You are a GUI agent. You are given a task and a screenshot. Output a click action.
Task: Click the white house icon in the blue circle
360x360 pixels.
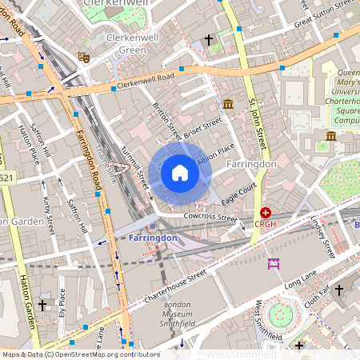(x=180, y=173)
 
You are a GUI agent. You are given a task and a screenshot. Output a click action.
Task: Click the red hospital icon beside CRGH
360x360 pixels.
(x=266, y=213)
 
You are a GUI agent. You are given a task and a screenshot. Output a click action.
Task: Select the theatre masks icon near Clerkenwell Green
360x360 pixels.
(x=82, y=57)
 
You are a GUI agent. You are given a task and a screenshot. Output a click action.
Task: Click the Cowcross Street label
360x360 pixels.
(x=210, y=217)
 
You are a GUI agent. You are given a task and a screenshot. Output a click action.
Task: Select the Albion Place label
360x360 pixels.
(x=216, y=152)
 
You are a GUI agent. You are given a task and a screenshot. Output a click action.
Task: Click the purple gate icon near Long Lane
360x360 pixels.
(x=274, y=264)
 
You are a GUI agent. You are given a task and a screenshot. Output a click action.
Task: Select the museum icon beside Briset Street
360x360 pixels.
(x=228, y=104)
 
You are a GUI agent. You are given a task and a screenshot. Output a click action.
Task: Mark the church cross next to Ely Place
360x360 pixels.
(x=42, y=305)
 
